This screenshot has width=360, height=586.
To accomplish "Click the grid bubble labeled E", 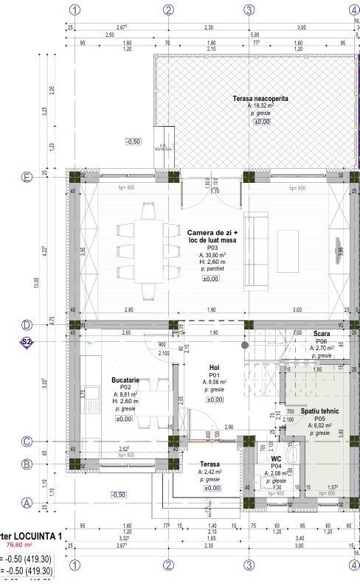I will [x=27, y=177].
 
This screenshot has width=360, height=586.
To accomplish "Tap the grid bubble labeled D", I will [x=27, y=324].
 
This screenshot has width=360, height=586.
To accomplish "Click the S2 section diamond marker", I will [x=27, y=342].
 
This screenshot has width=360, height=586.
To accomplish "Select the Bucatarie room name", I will [x=121, y=379].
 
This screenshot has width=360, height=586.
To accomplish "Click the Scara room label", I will [x=321, y=334].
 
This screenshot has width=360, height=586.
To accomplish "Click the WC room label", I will [x=276, y=458].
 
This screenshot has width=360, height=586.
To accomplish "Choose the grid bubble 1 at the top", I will [x=74, y=10].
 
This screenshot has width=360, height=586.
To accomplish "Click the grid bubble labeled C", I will [x=27, y=442].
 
